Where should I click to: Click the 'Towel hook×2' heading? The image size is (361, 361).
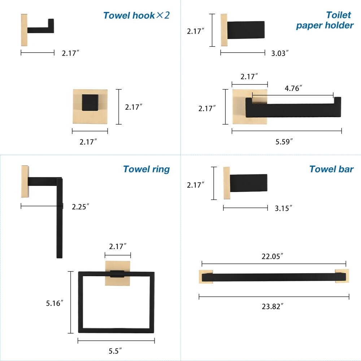(x=136, y=15)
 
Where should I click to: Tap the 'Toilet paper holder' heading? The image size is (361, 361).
(x=325, y=20)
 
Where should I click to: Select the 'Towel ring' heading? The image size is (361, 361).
(x=146, y=169)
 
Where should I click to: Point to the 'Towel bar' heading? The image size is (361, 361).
(x=331, y=169)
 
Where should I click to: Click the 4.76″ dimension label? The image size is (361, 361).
(x=293, y=88)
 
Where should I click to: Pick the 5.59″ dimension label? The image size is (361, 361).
(x=284, y=142)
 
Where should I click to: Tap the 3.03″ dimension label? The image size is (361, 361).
(x=280, y=53)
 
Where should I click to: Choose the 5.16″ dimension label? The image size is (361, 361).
(x=55, y=303)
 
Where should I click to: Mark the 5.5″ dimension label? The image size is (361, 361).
(x=115, y=350)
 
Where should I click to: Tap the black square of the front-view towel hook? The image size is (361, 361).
(x=90, y=102)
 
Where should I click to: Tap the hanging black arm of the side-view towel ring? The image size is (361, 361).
(x=60, y=224)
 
